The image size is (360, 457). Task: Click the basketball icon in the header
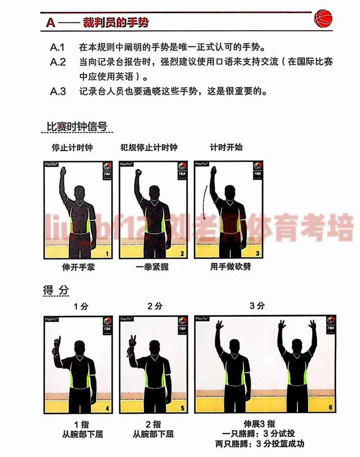(x=324, y=18)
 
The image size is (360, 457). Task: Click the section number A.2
(x=58, y=62)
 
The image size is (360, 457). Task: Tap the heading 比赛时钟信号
(x=77, y=126)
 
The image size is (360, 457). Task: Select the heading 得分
(x=56, y=291)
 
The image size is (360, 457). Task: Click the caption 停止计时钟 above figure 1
(x=72, y=148)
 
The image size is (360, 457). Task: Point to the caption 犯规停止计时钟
(x=149, y=148)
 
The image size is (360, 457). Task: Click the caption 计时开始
(x=226, y=148)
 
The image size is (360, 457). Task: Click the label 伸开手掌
(x=78, y=267)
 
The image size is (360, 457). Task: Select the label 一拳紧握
(x=152, y=267)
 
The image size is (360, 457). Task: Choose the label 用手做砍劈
(x=230, y=267)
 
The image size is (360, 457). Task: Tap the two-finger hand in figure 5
(x=133, y=341)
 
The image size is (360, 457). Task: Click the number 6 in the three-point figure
(x=330, y=408)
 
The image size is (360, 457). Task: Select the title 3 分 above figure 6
(x=257, y=306)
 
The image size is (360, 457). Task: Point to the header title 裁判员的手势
(x=116, y=22)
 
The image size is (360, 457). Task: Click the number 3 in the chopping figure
(x=257, y=254)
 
